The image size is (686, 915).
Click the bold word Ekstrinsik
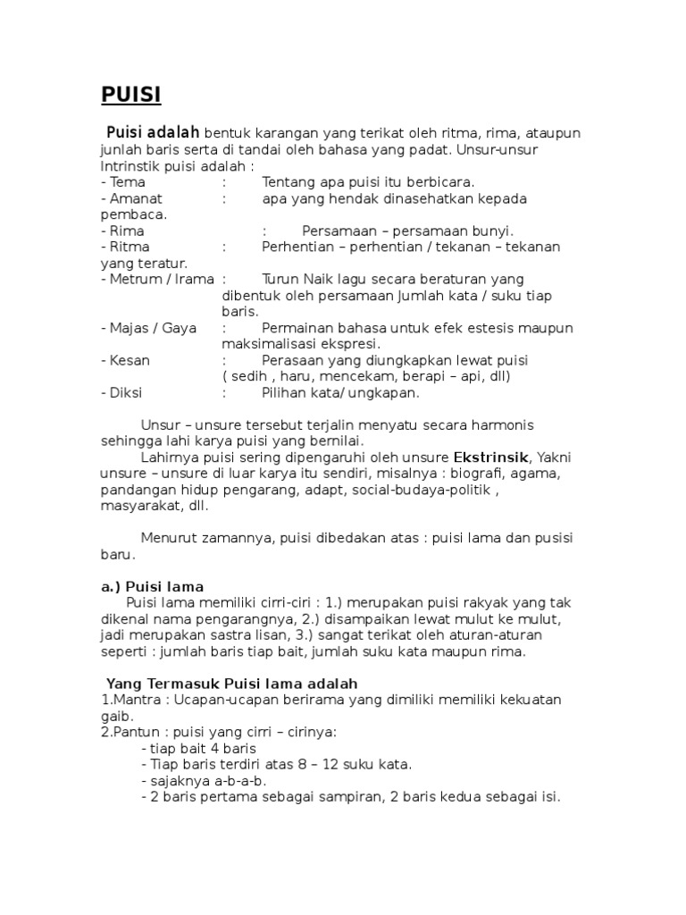point(490,457)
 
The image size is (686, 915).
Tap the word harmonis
point(499,424)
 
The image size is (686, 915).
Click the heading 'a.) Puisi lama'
point(152,586)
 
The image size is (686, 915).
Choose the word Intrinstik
point(132,166)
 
